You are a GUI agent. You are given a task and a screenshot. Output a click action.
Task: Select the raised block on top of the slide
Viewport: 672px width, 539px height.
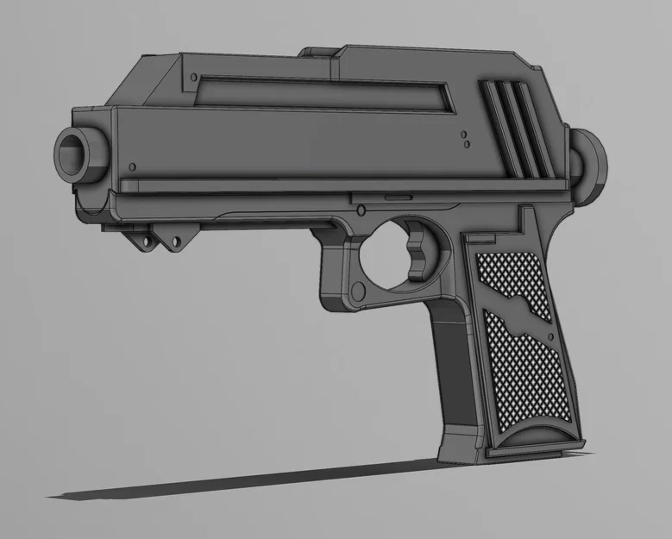point(318,51)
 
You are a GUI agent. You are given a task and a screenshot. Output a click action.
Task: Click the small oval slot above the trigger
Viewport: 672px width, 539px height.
point(398,196)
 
